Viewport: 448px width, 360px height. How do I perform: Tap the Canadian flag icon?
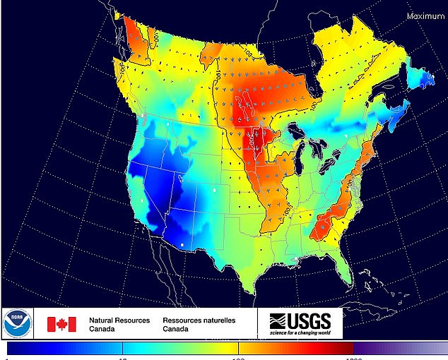(x=61, y=324)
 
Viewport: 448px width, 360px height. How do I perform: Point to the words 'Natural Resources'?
(x=119, y=320)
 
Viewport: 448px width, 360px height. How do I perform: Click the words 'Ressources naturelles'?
(x=199, y=320)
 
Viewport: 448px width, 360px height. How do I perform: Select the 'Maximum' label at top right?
(x=425, y=16)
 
